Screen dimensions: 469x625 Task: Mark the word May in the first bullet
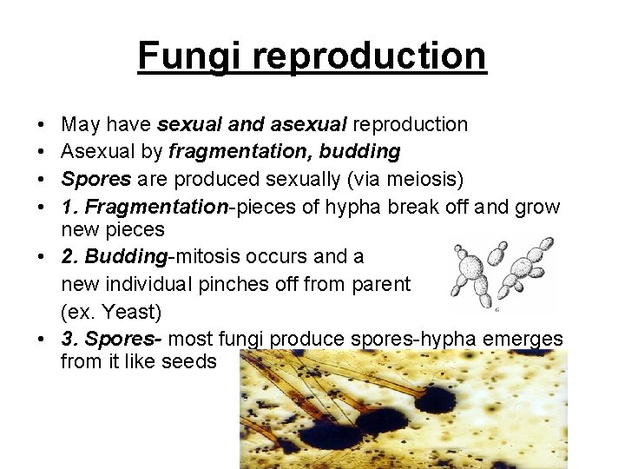pos(80,125)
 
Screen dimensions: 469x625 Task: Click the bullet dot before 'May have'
pos(43,126)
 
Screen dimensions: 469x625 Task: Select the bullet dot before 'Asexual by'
pos(43,153)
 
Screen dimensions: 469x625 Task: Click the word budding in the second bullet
pos(360,153)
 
